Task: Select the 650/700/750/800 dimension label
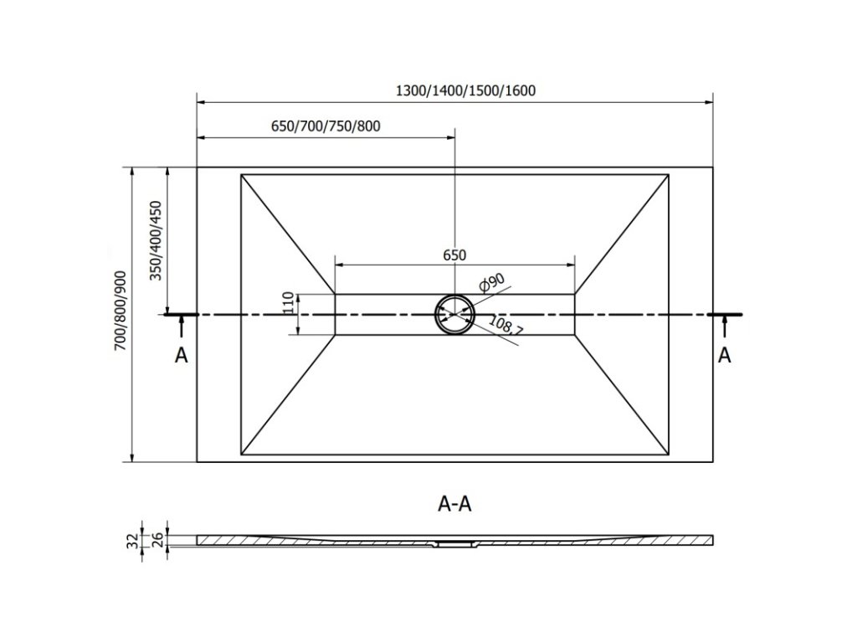326,126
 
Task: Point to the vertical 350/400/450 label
156,241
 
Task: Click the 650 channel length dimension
454,255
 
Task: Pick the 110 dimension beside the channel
287,303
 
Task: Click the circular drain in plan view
454,314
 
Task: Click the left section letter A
182,356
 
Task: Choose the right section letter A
725,355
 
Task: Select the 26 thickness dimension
156,540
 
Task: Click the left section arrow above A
182,325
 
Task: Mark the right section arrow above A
725,325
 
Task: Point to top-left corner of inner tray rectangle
241,174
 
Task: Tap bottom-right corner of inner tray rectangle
667,456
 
